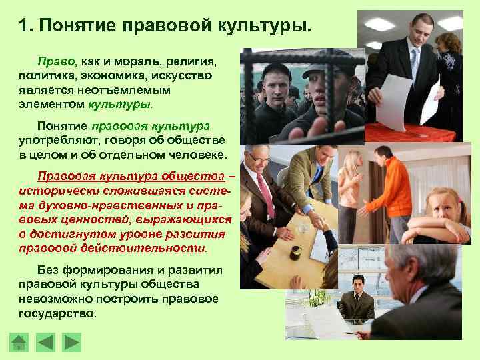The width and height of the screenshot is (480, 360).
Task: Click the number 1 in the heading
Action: (23, 27)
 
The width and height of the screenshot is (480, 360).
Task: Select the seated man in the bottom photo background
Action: (355, 300)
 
